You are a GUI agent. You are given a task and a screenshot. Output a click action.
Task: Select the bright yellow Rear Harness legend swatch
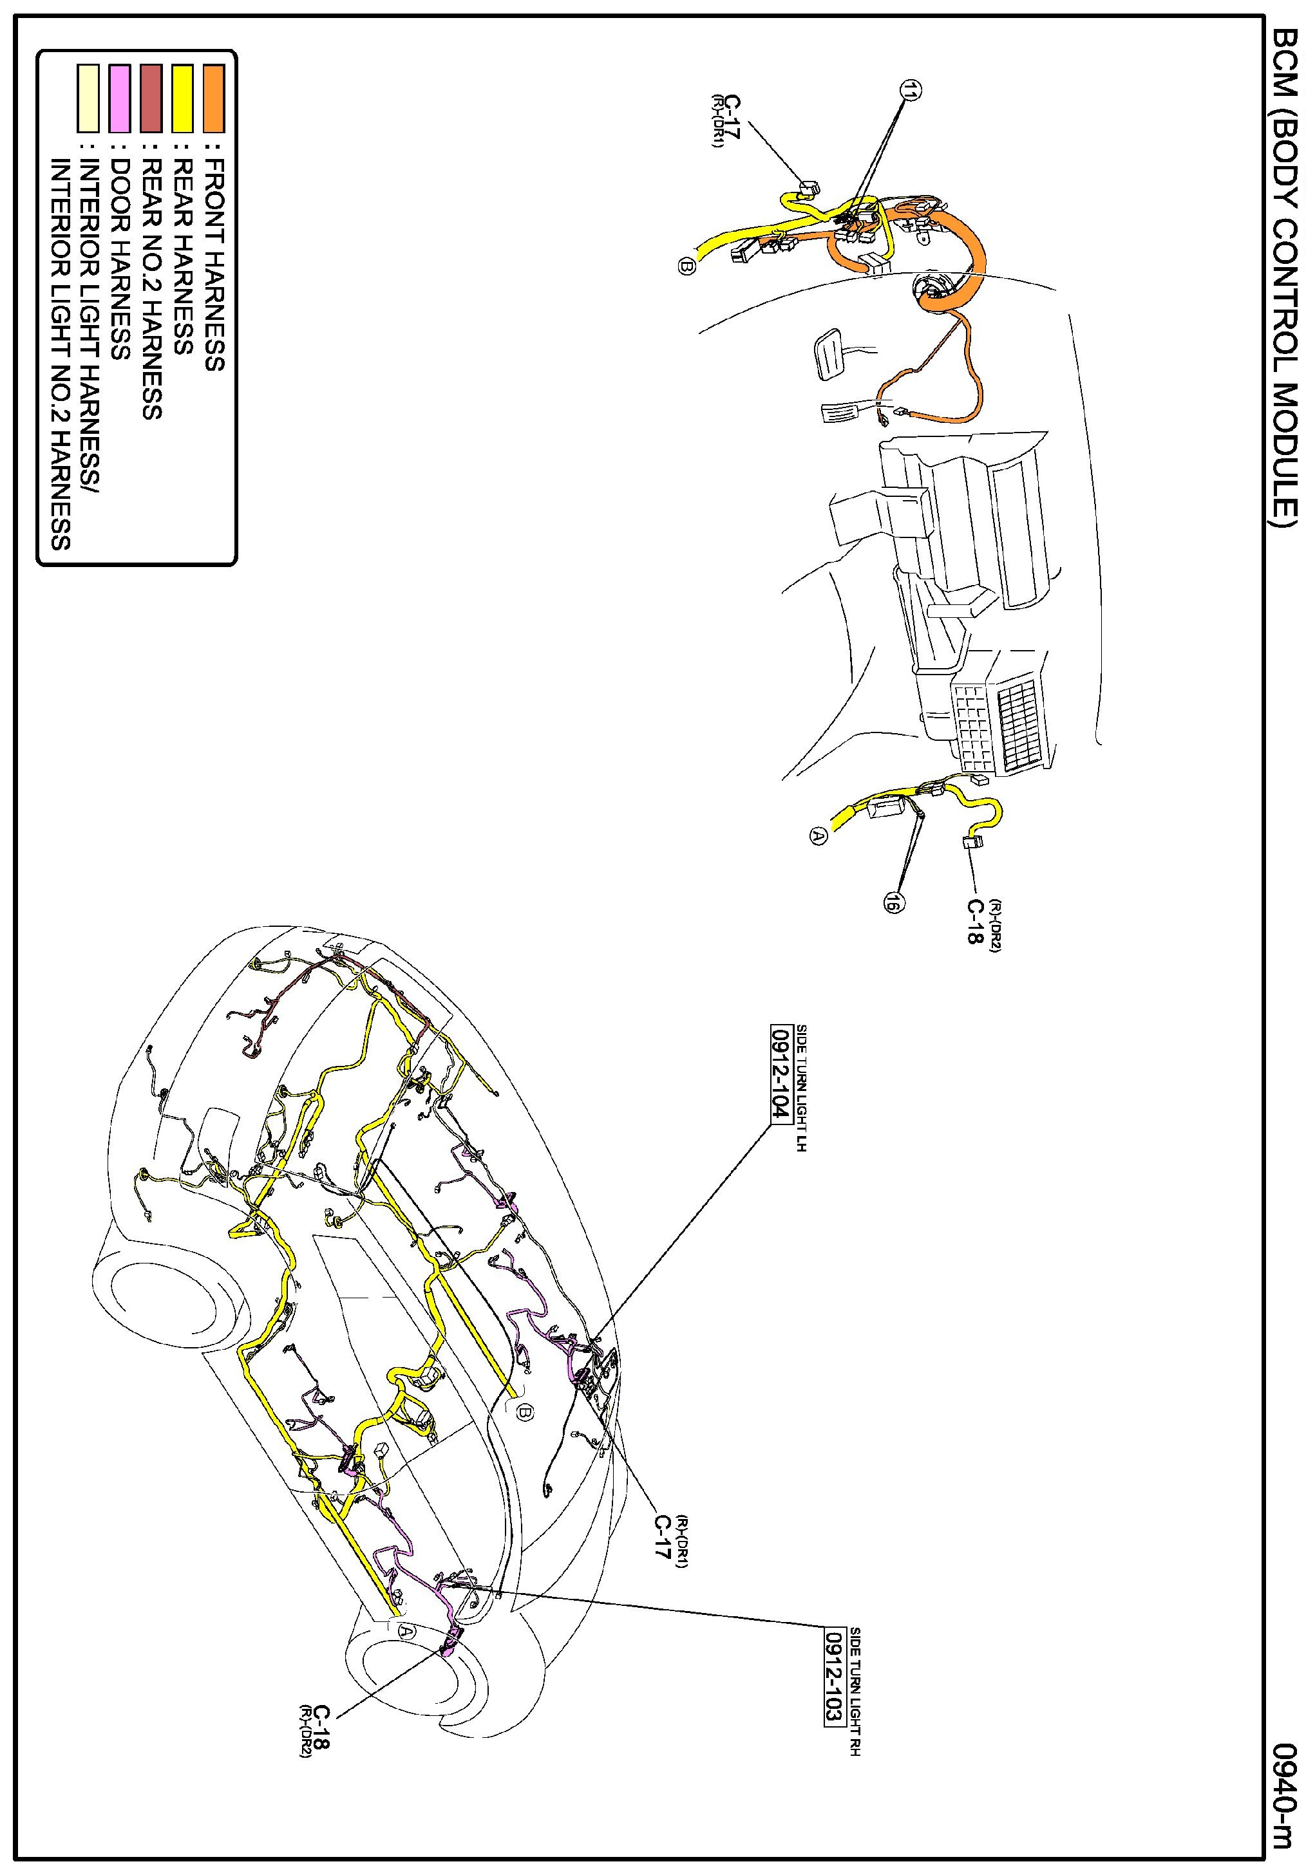(183, 98)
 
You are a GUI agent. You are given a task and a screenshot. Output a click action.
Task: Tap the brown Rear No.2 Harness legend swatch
(151, 98)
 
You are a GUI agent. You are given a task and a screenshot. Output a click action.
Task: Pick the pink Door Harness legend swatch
(119, 98)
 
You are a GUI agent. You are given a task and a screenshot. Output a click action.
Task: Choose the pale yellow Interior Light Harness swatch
(88, 98)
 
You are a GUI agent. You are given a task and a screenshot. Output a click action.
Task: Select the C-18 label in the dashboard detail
(972, 922)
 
